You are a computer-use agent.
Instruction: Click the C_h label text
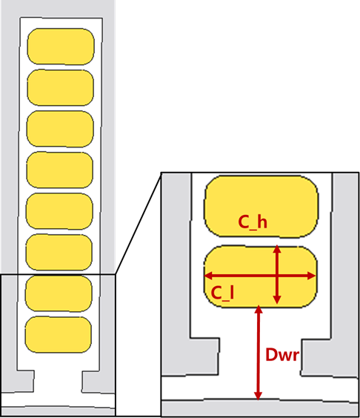[253, 222]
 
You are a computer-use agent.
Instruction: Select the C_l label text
[222, 293]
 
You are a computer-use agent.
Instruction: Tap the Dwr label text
[282, 354]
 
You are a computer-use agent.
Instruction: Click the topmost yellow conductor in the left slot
[61, 47]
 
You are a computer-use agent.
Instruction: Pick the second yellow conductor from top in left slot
[61, 87]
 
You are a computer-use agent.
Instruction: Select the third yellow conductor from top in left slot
[60, 129]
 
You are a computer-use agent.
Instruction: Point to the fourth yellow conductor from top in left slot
[60, 170]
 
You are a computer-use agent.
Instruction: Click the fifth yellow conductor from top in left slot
[59, 211]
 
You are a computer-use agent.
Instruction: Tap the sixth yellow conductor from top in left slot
[59, 252]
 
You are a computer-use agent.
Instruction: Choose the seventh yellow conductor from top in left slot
[59, 293]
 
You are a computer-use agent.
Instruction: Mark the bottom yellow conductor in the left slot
[59, 334]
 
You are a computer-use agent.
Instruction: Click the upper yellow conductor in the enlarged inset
[261, 206]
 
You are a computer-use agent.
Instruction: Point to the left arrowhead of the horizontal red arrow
[208, 276]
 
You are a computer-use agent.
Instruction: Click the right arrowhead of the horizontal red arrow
[312, 276]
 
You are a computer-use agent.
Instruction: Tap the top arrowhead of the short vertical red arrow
[277, 249]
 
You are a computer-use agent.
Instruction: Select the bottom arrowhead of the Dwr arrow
[258, 397]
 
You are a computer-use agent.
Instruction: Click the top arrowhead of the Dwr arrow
[259, 310]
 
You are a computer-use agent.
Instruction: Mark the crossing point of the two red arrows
[277, 276]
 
